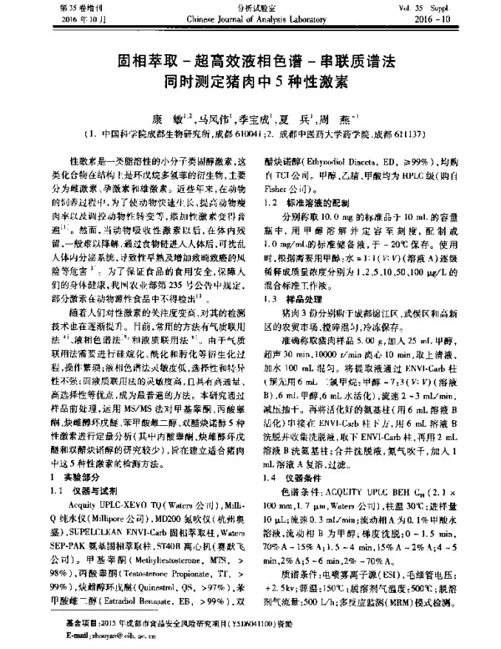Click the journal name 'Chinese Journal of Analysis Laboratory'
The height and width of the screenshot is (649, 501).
250,17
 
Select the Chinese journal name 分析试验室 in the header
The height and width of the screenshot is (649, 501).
250,6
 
